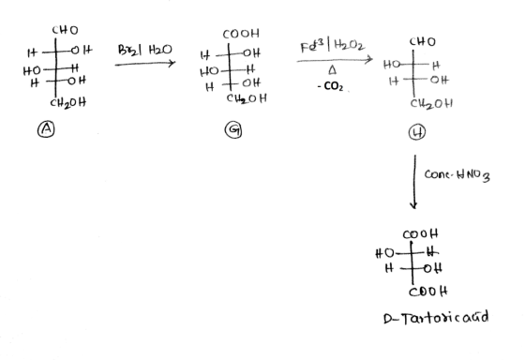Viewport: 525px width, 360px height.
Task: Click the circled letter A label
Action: point(46,129)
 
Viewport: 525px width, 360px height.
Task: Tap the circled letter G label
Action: point(233,130)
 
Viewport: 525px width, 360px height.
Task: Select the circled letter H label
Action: point(417,132)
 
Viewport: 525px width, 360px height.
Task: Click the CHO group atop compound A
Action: point(66,31)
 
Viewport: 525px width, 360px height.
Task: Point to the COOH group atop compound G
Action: point(241,34)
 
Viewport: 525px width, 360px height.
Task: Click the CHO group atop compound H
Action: point(423,42)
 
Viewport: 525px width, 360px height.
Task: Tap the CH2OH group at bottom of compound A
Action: point(68,102)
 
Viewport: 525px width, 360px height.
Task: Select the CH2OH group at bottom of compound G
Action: point(247,98)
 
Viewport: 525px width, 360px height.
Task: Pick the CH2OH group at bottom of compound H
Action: point(431,103)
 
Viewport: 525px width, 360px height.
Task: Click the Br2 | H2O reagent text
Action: point(145,51)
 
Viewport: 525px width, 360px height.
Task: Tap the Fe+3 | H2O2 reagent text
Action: point(333,46)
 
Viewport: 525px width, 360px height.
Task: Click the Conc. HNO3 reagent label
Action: point(457,175)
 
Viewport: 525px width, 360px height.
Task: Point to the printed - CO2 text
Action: point(330,87)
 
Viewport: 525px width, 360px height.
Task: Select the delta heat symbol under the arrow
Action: point(332,70)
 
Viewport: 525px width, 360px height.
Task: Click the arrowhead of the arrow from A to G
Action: point(173,63)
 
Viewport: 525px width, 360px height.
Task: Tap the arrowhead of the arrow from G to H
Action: point(370,60)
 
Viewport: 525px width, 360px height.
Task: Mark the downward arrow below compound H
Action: point(414,182)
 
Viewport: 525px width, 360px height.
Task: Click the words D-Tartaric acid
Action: point(436,318)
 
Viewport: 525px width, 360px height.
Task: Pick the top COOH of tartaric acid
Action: point(420,234)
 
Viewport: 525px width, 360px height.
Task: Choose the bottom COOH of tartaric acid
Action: point(428,292)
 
